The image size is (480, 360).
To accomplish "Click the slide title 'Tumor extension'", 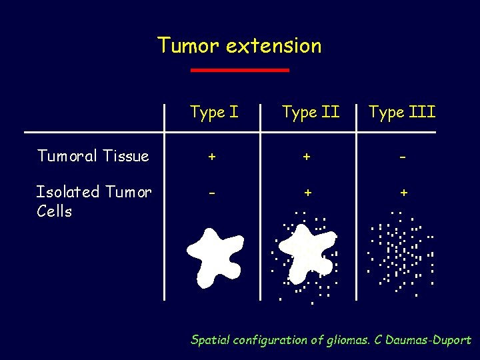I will (x=239, y=45).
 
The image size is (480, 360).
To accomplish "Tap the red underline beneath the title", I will (x=239, y=69).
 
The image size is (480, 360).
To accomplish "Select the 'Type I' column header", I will (x=213, y=112).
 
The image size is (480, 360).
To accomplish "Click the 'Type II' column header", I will (x=310, y=112).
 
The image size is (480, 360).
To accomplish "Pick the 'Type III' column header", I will (x=402, y=112).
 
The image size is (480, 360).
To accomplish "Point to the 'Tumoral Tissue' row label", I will (x=93, y=156).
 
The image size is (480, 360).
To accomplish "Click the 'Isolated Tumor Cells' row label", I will (x=93, y=201).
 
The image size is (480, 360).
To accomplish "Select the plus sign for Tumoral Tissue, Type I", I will (x=211, y=157).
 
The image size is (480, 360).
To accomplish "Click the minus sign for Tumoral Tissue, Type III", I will (x=403, y=157).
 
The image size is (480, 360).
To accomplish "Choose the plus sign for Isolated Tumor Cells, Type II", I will (x=307, y=193).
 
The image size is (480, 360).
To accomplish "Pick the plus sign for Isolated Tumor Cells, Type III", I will (x=403, y=193).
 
